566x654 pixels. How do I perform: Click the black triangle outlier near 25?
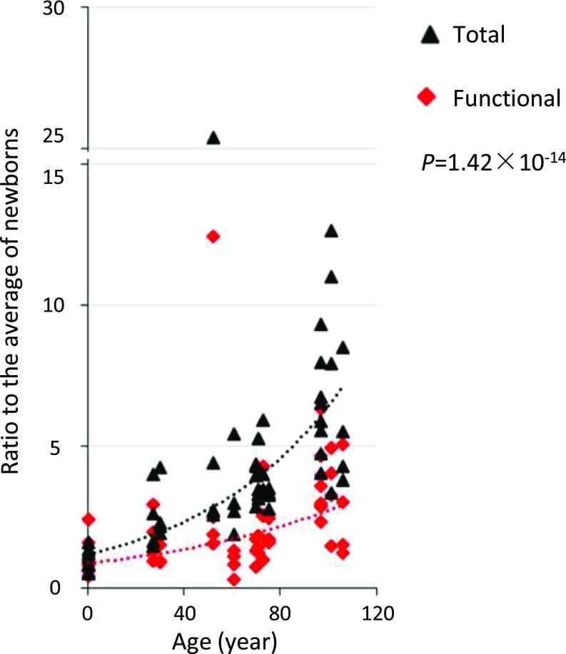(x=213, y=138)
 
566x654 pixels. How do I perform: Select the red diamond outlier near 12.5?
(x=213, y=237)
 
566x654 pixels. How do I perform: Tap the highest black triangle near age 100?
(x=330, y=231)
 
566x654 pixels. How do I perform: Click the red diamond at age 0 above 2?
(x=88, y=520)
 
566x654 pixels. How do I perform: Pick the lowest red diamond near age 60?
(x=233, y=579)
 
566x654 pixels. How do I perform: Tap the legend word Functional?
(x=507, y=98)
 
